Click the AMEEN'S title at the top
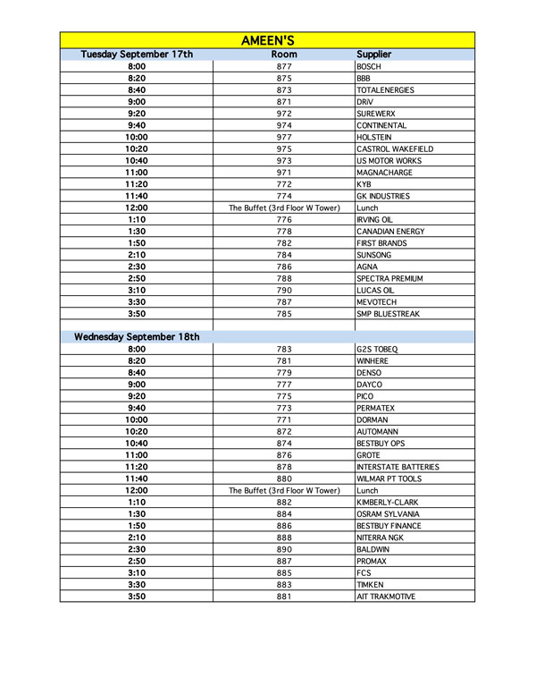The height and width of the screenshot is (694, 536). click(x=268, y=40)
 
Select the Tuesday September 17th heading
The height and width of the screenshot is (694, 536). click(x=137, y=55)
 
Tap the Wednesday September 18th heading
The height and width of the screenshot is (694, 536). click(x=137, y=337)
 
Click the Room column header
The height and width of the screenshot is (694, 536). click(x=284, y=55)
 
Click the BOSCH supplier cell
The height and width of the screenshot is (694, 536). click(x=369, y=67)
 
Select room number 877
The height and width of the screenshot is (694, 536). click(x=284, y=67)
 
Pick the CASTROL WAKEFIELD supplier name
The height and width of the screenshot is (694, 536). click(x=394, y=149)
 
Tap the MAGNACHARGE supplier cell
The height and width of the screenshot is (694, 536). click(x=384, y=173)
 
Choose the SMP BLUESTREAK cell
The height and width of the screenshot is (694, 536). click(x=389, y=314)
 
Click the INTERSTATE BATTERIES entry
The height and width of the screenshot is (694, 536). click(x=398, y=467)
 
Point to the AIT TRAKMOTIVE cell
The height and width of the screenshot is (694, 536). click(x=386, y=597)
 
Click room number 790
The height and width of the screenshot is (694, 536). click(x=284, y=291)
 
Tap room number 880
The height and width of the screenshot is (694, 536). click(x=284, y=478)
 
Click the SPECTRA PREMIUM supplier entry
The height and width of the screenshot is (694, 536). click(x=389, y=278)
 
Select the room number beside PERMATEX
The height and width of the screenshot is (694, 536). click(x=284, y=408)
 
